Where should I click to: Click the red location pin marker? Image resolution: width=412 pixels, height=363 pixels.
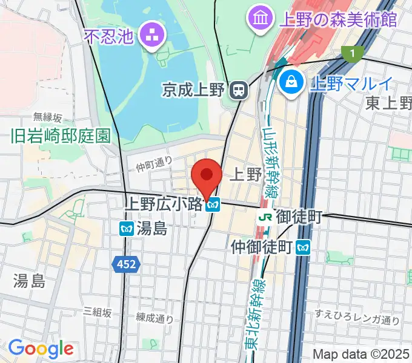coord(206,176)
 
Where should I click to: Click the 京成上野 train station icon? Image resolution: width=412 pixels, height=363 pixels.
coord(239,91)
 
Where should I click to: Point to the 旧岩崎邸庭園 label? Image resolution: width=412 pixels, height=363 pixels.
coord(61,136)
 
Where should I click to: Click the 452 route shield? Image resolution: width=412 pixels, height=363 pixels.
coord(126,264)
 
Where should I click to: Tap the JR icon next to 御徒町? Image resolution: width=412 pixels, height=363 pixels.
coord(264,216)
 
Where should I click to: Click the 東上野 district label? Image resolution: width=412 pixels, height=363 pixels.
coord(388,103)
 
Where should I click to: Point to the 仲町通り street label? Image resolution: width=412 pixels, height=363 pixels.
coord(154,163)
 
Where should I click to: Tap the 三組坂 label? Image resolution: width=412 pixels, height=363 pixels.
coord(98,312)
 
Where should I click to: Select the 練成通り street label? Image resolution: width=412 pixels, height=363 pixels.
coord(154,318)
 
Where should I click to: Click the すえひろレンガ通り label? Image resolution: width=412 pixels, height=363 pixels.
coord(357,320)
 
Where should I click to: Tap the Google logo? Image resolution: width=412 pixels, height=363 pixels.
coord(41,348)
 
